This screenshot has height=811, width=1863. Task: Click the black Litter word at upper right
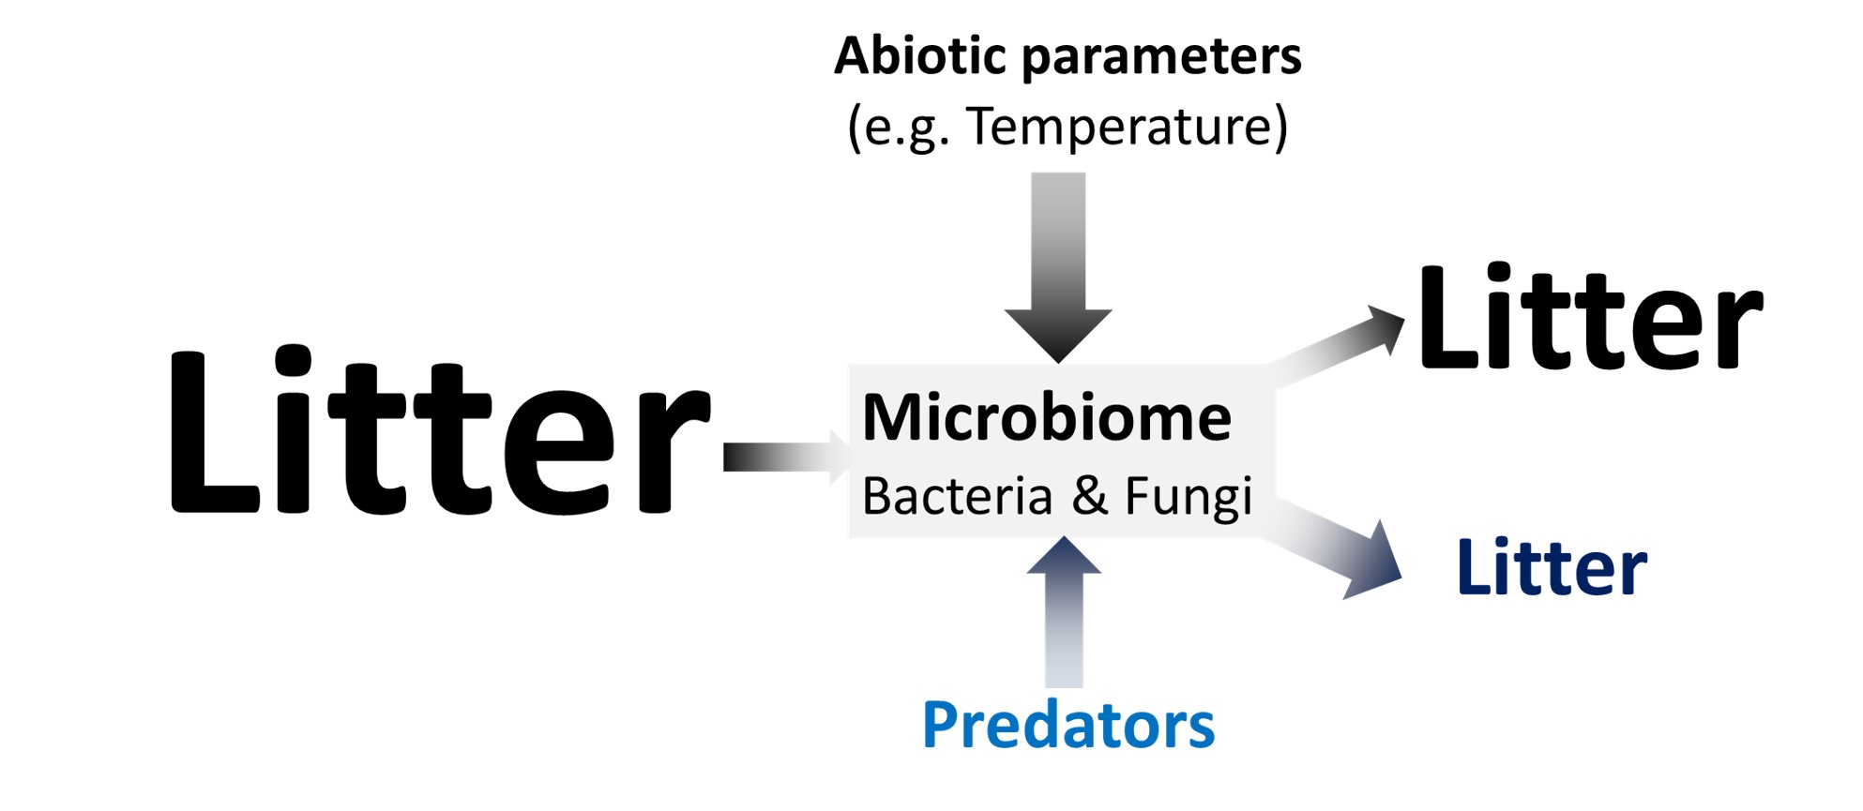[1590, 319]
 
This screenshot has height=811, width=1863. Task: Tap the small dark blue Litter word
[1552, 568]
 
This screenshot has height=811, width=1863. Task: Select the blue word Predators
[1068, 725]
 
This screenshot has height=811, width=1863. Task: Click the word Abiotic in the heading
[920, 55]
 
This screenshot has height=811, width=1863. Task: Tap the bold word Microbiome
[1046, 417]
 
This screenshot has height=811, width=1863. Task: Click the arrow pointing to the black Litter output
[1341, 347]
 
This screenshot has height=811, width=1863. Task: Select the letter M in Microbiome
[891, 417]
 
